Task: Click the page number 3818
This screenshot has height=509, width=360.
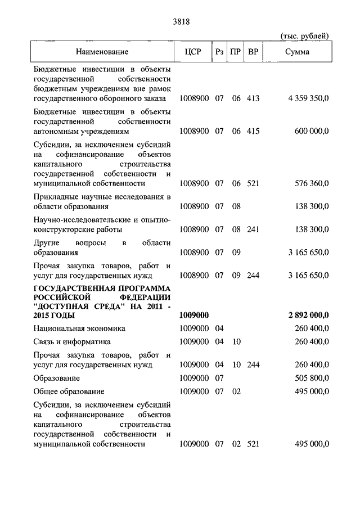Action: (179, 22)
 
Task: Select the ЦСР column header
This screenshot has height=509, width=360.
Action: (193, 52)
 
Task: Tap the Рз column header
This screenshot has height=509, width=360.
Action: (219, 52)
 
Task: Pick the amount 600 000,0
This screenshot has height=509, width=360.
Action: (312, 131)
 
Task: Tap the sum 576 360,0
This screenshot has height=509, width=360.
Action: (312, 183)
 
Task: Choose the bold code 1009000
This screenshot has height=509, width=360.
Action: (194, 316)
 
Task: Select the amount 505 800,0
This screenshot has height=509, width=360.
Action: (312, 379)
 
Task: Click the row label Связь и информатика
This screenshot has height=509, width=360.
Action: (71, 342)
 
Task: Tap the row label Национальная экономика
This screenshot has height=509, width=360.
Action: (79, 328)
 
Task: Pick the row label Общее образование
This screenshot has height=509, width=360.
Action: (69, 391)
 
